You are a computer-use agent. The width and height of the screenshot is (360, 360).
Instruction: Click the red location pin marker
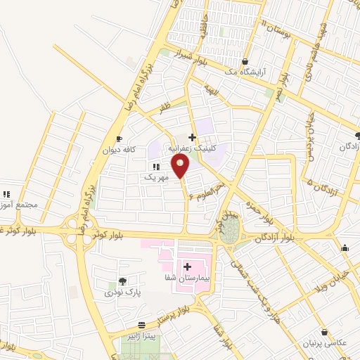coord(181,167)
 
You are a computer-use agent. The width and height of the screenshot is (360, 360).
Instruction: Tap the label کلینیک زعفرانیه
coord(196,149)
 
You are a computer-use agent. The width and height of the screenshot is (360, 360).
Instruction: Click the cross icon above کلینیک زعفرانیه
coord(193,136)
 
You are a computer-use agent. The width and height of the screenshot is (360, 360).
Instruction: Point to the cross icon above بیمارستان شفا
coord(188,266)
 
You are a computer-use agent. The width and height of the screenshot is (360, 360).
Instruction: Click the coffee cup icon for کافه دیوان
coord(119,138)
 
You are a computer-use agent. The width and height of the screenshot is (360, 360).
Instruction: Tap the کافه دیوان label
coord(118,150)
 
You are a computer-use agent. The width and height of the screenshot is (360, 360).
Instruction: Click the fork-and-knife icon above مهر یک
coord(156,166)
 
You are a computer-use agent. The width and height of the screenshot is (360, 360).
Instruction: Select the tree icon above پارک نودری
coord(124,281)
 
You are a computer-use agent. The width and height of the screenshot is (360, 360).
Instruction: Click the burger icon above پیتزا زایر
coord(143,324)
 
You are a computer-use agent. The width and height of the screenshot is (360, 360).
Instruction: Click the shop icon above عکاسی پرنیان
coord(324,332)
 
